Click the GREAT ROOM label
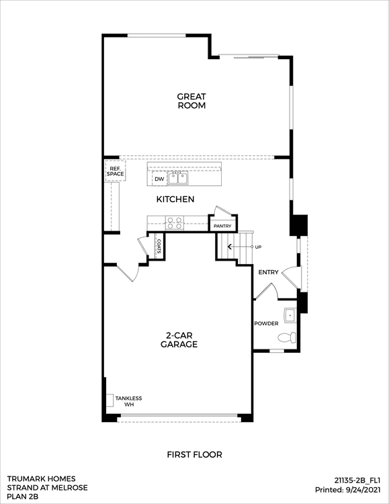coord(191,101)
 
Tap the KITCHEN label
coord(175,200)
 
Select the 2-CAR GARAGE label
coord(179,340)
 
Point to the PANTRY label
coord(222,226)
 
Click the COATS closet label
coord(159,246)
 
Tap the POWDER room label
coord(266,323)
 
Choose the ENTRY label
coord(269,272)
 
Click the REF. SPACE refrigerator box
coord(115,171)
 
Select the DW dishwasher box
coord(159,179)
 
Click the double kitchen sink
coord(177,178)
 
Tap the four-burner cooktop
coord(175,223)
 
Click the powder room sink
coord(290,315)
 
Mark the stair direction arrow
coord(240,247)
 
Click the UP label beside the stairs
coord(258,247)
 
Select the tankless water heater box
coord(110,401)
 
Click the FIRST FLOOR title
coord(195,455)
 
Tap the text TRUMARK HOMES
coord(42,479)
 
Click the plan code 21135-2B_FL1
coord(357,480)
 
